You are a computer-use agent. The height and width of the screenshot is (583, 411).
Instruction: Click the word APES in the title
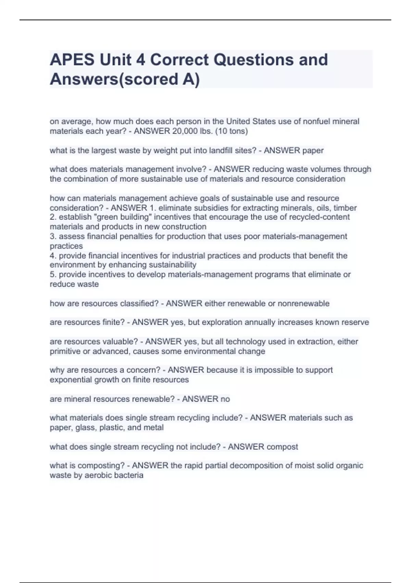[72, 60]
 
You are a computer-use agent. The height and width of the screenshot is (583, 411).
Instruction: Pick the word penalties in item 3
[130, 236]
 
